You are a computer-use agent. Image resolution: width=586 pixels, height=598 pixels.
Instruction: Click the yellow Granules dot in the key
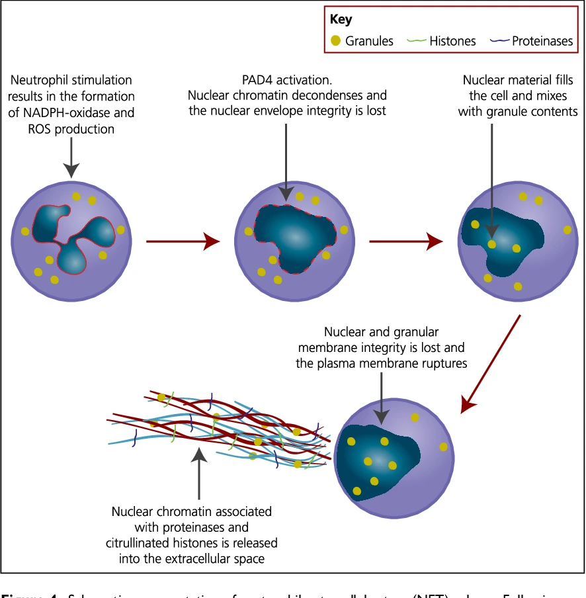[x=335, y=41]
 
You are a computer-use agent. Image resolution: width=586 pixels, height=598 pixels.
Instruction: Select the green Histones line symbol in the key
[x=417, y=41]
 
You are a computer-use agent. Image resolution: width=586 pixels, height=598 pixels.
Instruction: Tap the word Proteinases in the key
[x=542, y=41]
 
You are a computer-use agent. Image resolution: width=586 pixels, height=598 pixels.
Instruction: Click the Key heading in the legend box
[x=341, y=20]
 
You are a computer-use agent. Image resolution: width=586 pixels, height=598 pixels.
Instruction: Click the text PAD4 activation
[x=287, y=81]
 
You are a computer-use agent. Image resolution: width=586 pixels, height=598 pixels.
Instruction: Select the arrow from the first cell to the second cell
[x=183, y=241]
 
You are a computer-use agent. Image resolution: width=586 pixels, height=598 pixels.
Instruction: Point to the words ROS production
[x=71, y=129]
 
